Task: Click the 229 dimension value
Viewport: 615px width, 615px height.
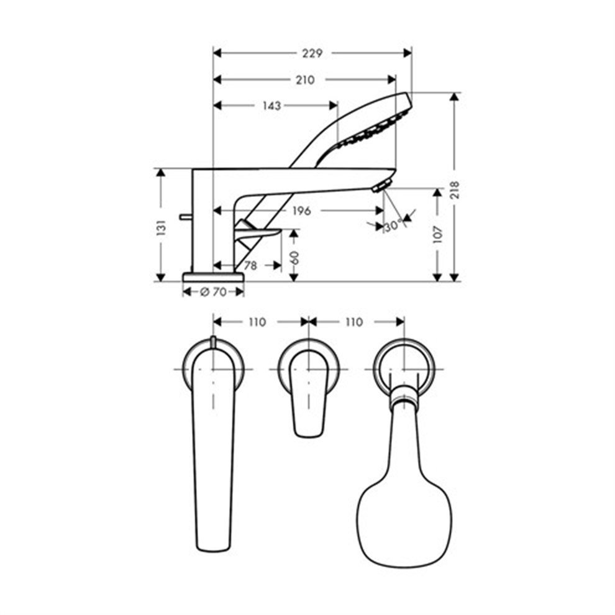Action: click(x=312, y=53)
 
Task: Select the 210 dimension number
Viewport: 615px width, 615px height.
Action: click(x=305, y=80)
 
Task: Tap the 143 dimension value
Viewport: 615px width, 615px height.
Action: click(x=271, y=106)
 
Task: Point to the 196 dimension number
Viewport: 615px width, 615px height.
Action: click(x=301, y=211)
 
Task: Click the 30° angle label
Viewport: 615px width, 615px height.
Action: click(x=393, y=226)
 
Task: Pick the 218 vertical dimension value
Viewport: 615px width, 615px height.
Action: click(x=454, y=190)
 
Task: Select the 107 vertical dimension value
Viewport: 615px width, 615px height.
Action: click(x=437, y=235)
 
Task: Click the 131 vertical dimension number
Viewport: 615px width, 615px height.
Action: click(x=161, y=228)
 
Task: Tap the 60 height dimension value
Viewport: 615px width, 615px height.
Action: click(x=294, y=258)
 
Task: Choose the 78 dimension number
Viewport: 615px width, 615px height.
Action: click(x=250, y=266)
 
